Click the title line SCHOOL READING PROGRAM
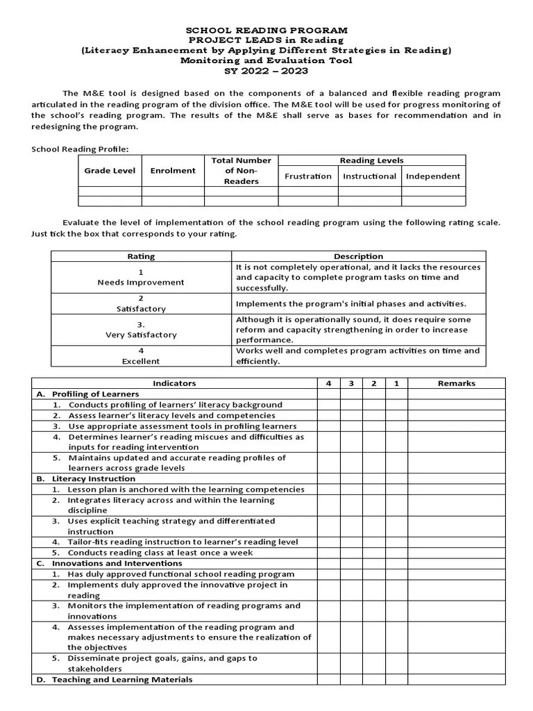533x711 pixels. [266, 31]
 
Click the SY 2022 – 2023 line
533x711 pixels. [266, 71]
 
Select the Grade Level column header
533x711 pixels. [110, 171]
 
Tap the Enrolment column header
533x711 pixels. [173, 171]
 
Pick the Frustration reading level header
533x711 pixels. [307, 176]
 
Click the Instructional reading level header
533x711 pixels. [369, 176]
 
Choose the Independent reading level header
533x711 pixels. [433, 176]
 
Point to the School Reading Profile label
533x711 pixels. [81, 149]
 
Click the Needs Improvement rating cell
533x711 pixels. [141, 278]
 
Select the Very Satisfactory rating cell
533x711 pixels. [141, 330]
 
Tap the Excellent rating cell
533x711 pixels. [141, 356]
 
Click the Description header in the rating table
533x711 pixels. [358, 256]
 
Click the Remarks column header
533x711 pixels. [456, 383]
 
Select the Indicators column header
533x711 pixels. [174, 383]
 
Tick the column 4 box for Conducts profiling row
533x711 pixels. [329, 405]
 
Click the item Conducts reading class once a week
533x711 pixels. [160, 553]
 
